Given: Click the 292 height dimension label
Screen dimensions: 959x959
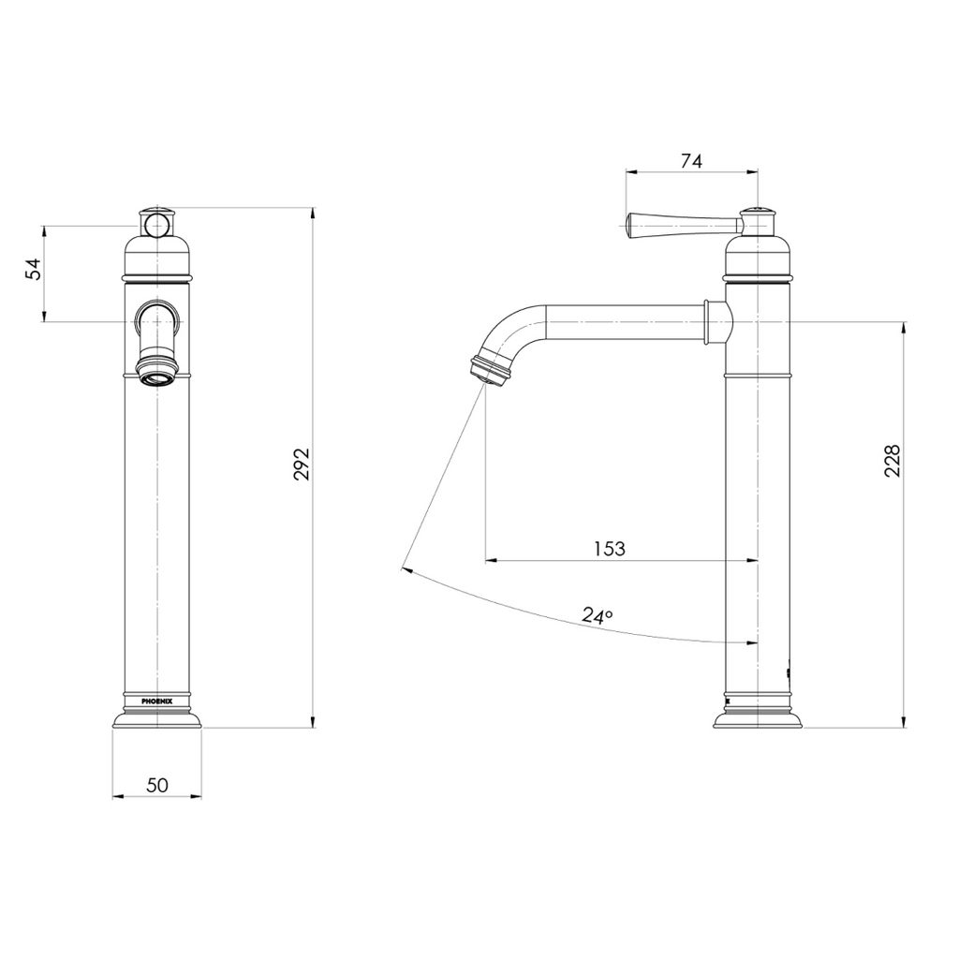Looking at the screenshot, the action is point(302,465).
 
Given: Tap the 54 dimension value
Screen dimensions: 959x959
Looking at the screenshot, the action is point(34,269).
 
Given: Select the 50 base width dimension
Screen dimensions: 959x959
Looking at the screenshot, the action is point(157,785).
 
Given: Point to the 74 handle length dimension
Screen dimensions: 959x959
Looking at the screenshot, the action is point(692,161).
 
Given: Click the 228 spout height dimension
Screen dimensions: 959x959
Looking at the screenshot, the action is point(892,461).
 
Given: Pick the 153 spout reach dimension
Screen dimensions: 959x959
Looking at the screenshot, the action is point(610,549).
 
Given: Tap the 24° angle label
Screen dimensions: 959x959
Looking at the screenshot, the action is point(598,615).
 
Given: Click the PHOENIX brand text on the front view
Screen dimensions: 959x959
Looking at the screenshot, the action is point(156,701).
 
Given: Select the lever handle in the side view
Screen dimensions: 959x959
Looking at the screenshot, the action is point(682,225).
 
